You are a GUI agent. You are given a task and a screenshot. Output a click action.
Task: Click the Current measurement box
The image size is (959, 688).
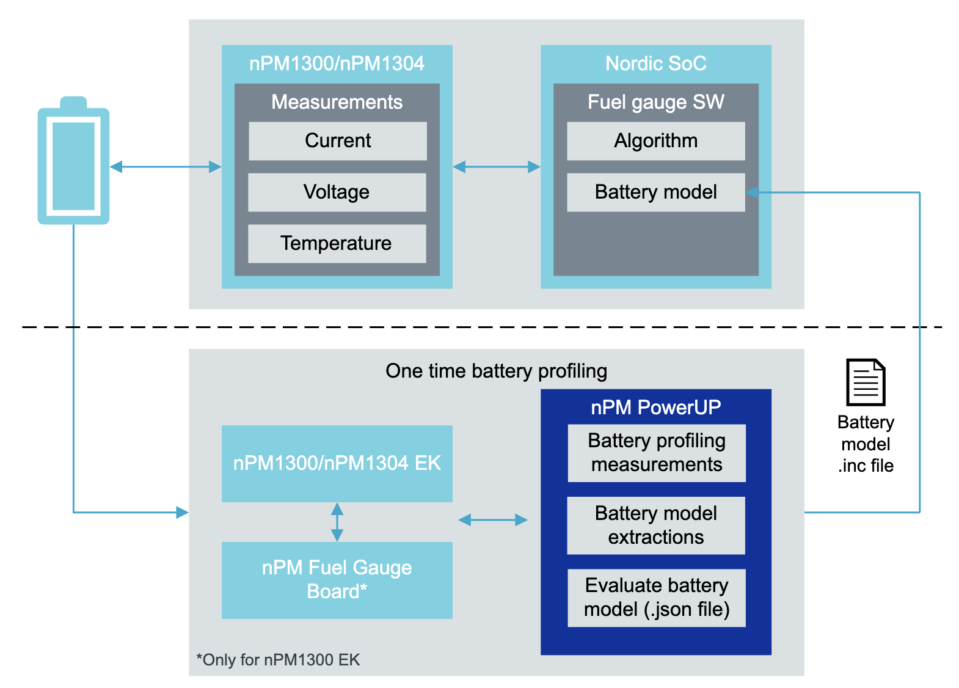(x=338, y=141)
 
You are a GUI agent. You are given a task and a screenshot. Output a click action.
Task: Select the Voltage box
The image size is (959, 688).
(x=337, y=192)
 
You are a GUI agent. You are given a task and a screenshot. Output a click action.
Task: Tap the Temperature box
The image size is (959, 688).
(x=337, y=244)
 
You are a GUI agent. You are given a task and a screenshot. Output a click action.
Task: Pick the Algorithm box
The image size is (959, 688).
(x=656, y=141)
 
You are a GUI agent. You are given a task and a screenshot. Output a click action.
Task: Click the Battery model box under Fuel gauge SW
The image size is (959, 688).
(x=656, y=192)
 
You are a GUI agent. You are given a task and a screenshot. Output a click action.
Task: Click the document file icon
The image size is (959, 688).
(x=866, y=382)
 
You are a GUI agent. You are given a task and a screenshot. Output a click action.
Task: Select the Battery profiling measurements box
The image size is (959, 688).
(x=657, y=453)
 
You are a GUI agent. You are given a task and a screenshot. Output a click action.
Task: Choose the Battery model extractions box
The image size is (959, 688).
(x=656, y=525)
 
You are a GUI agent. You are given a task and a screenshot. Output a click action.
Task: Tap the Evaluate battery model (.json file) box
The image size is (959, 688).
(x=657, y=598)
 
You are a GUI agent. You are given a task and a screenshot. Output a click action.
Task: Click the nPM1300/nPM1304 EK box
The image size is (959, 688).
(x=337, y=464)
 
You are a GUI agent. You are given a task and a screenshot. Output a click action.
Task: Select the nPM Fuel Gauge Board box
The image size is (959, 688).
(x=337, y=580)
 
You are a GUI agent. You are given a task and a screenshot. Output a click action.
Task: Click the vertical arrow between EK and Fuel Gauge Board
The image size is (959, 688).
(x=337, y=522)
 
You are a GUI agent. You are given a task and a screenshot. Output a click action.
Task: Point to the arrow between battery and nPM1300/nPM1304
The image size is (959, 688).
(x=166, y=167)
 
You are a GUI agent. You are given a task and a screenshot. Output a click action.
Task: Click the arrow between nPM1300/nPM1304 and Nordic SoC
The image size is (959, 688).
(x=497, y=167)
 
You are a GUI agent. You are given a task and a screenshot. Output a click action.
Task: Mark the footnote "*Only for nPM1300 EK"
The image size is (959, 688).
(x=278, y=660)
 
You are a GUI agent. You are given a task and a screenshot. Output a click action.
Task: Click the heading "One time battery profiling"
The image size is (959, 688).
(x=497, y=371)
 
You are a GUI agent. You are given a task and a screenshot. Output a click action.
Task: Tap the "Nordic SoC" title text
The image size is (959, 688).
(x=656, y=64)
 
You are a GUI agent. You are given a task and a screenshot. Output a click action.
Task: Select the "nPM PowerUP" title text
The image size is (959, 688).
(x=656, y=408)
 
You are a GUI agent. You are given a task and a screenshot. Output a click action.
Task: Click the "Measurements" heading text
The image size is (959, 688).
(x=337, y=102)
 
